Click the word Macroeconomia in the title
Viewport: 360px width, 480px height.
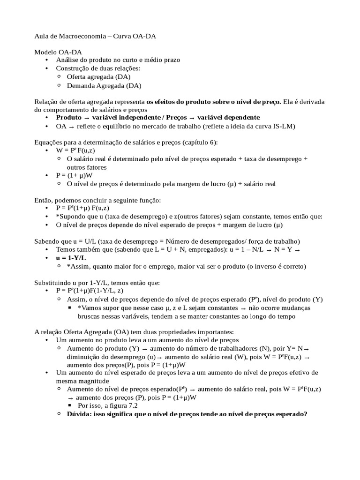(81, 36)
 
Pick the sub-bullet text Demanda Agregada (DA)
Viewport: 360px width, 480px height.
(104, 85)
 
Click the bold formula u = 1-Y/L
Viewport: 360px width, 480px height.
(71, 258)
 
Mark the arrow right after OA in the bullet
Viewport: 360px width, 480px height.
(72, 127)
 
